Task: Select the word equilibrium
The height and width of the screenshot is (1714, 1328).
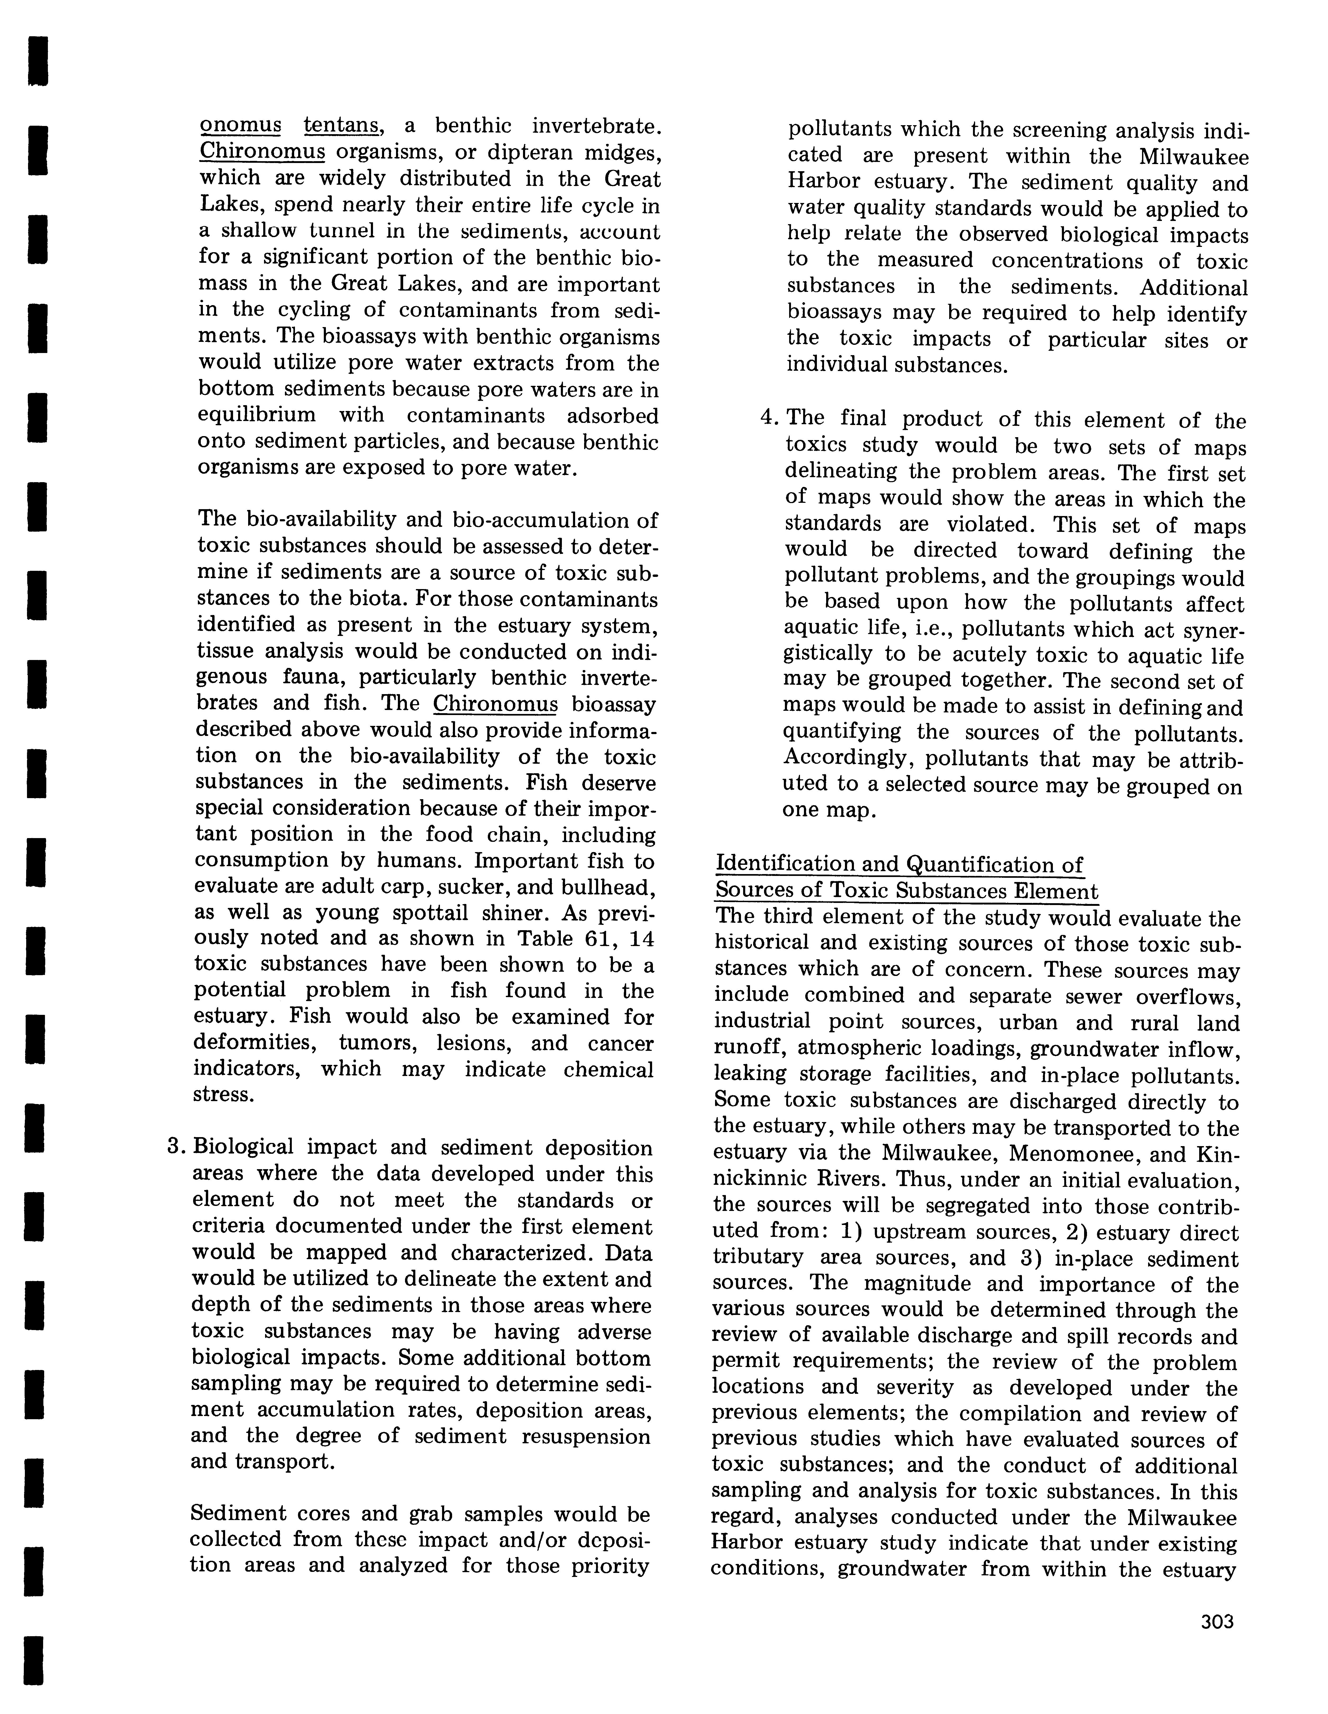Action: [x=257, y=415]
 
